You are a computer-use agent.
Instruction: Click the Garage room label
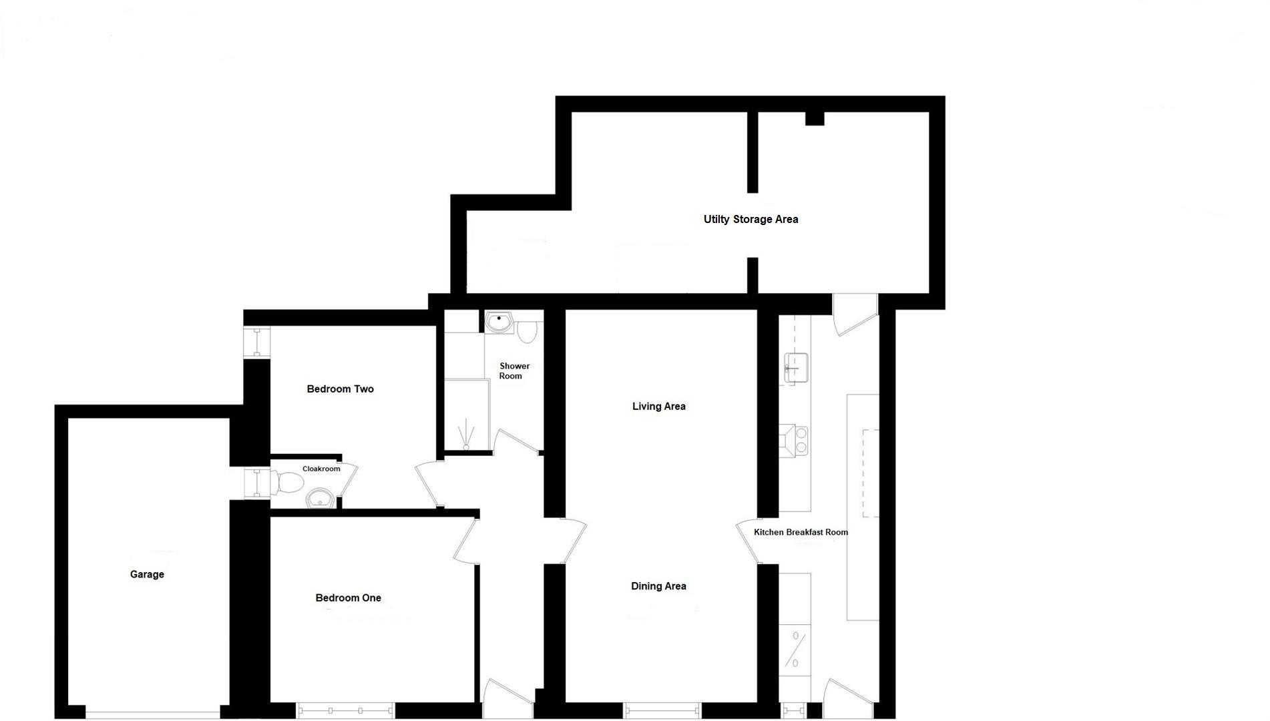[x=147, y=574]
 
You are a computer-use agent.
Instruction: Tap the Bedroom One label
[x=348, y=598]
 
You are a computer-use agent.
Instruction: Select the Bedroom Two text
[x=340, y=389]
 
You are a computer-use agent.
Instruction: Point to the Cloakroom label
[x=321, y=469]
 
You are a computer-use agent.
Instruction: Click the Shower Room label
[x=513, y=371]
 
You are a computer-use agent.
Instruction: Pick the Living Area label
[x=658, y=406]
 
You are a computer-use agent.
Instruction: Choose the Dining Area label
[x=658, y=586]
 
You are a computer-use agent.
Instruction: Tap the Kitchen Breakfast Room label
[x=801, y=532]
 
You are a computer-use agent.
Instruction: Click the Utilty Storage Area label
[x=751, y=219]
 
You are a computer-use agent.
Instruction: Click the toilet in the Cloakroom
[x=286, y=482]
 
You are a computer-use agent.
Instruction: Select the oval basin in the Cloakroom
[x=321, y=498]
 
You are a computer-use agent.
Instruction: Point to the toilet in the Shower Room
[x=527, y=332]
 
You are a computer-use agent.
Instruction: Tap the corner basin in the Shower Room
[x=498, y=323]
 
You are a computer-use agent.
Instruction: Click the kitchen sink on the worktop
[x=796, y=367]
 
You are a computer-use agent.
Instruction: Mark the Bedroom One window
[x=345, y=710]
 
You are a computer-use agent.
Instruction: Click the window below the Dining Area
[x=662, y=710]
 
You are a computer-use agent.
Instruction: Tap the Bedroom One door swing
[x=467, y=541]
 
